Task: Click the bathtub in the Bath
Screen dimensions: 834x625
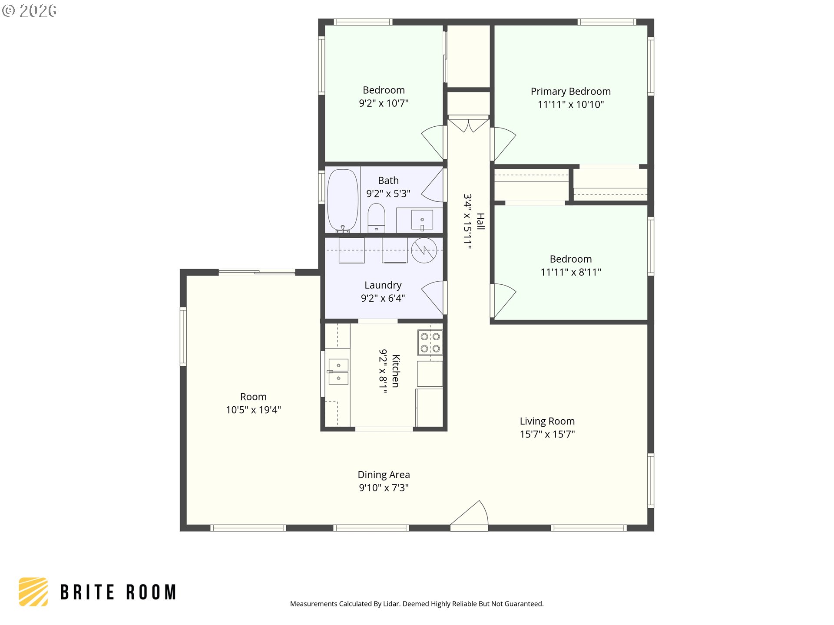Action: pyautogui.click(x=343, y=200)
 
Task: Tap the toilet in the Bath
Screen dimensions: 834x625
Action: pyautogui.click(x=376, y=218)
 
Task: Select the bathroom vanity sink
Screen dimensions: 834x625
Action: pyautogui.click(x=422, y=220)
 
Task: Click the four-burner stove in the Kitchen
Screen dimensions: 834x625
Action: pyautogui.click(x=430, y=342)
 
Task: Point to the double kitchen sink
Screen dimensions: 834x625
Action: pyautogui.click(x=338, y=372)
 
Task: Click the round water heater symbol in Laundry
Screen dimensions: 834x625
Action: pyautogui.click(x=424, y=250)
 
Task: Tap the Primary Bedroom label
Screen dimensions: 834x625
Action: pyautogui.click(x=571, y=92)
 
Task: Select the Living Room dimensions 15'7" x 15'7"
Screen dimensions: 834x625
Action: pyautogui.click(x=547, y=434)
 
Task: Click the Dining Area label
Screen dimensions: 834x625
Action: pyautogui.click(x=384, y=475)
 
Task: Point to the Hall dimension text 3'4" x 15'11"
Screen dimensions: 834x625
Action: pyautogui.click(x=467, y=221)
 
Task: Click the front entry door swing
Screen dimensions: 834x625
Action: pyautogui.click(x=469, y=515)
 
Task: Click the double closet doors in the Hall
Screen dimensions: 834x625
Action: pyautogui.click(x=469, y=124)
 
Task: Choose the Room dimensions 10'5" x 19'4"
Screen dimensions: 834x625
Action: pyautogui.click(x=253, y=410)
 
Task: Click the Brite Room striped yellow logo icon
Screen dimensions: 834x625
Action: pyautogui.click(x=33, y=592)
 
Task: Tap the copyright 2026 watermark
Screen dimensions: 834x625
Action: pyautogui.click(x=29, y=11)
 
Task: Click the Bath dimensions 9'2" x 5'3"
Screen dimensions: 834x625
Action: pyautogui.click(x=388, y=194)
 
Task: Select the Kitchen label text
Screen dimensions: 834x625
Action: pyautogui.click(x=396, y=371)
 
